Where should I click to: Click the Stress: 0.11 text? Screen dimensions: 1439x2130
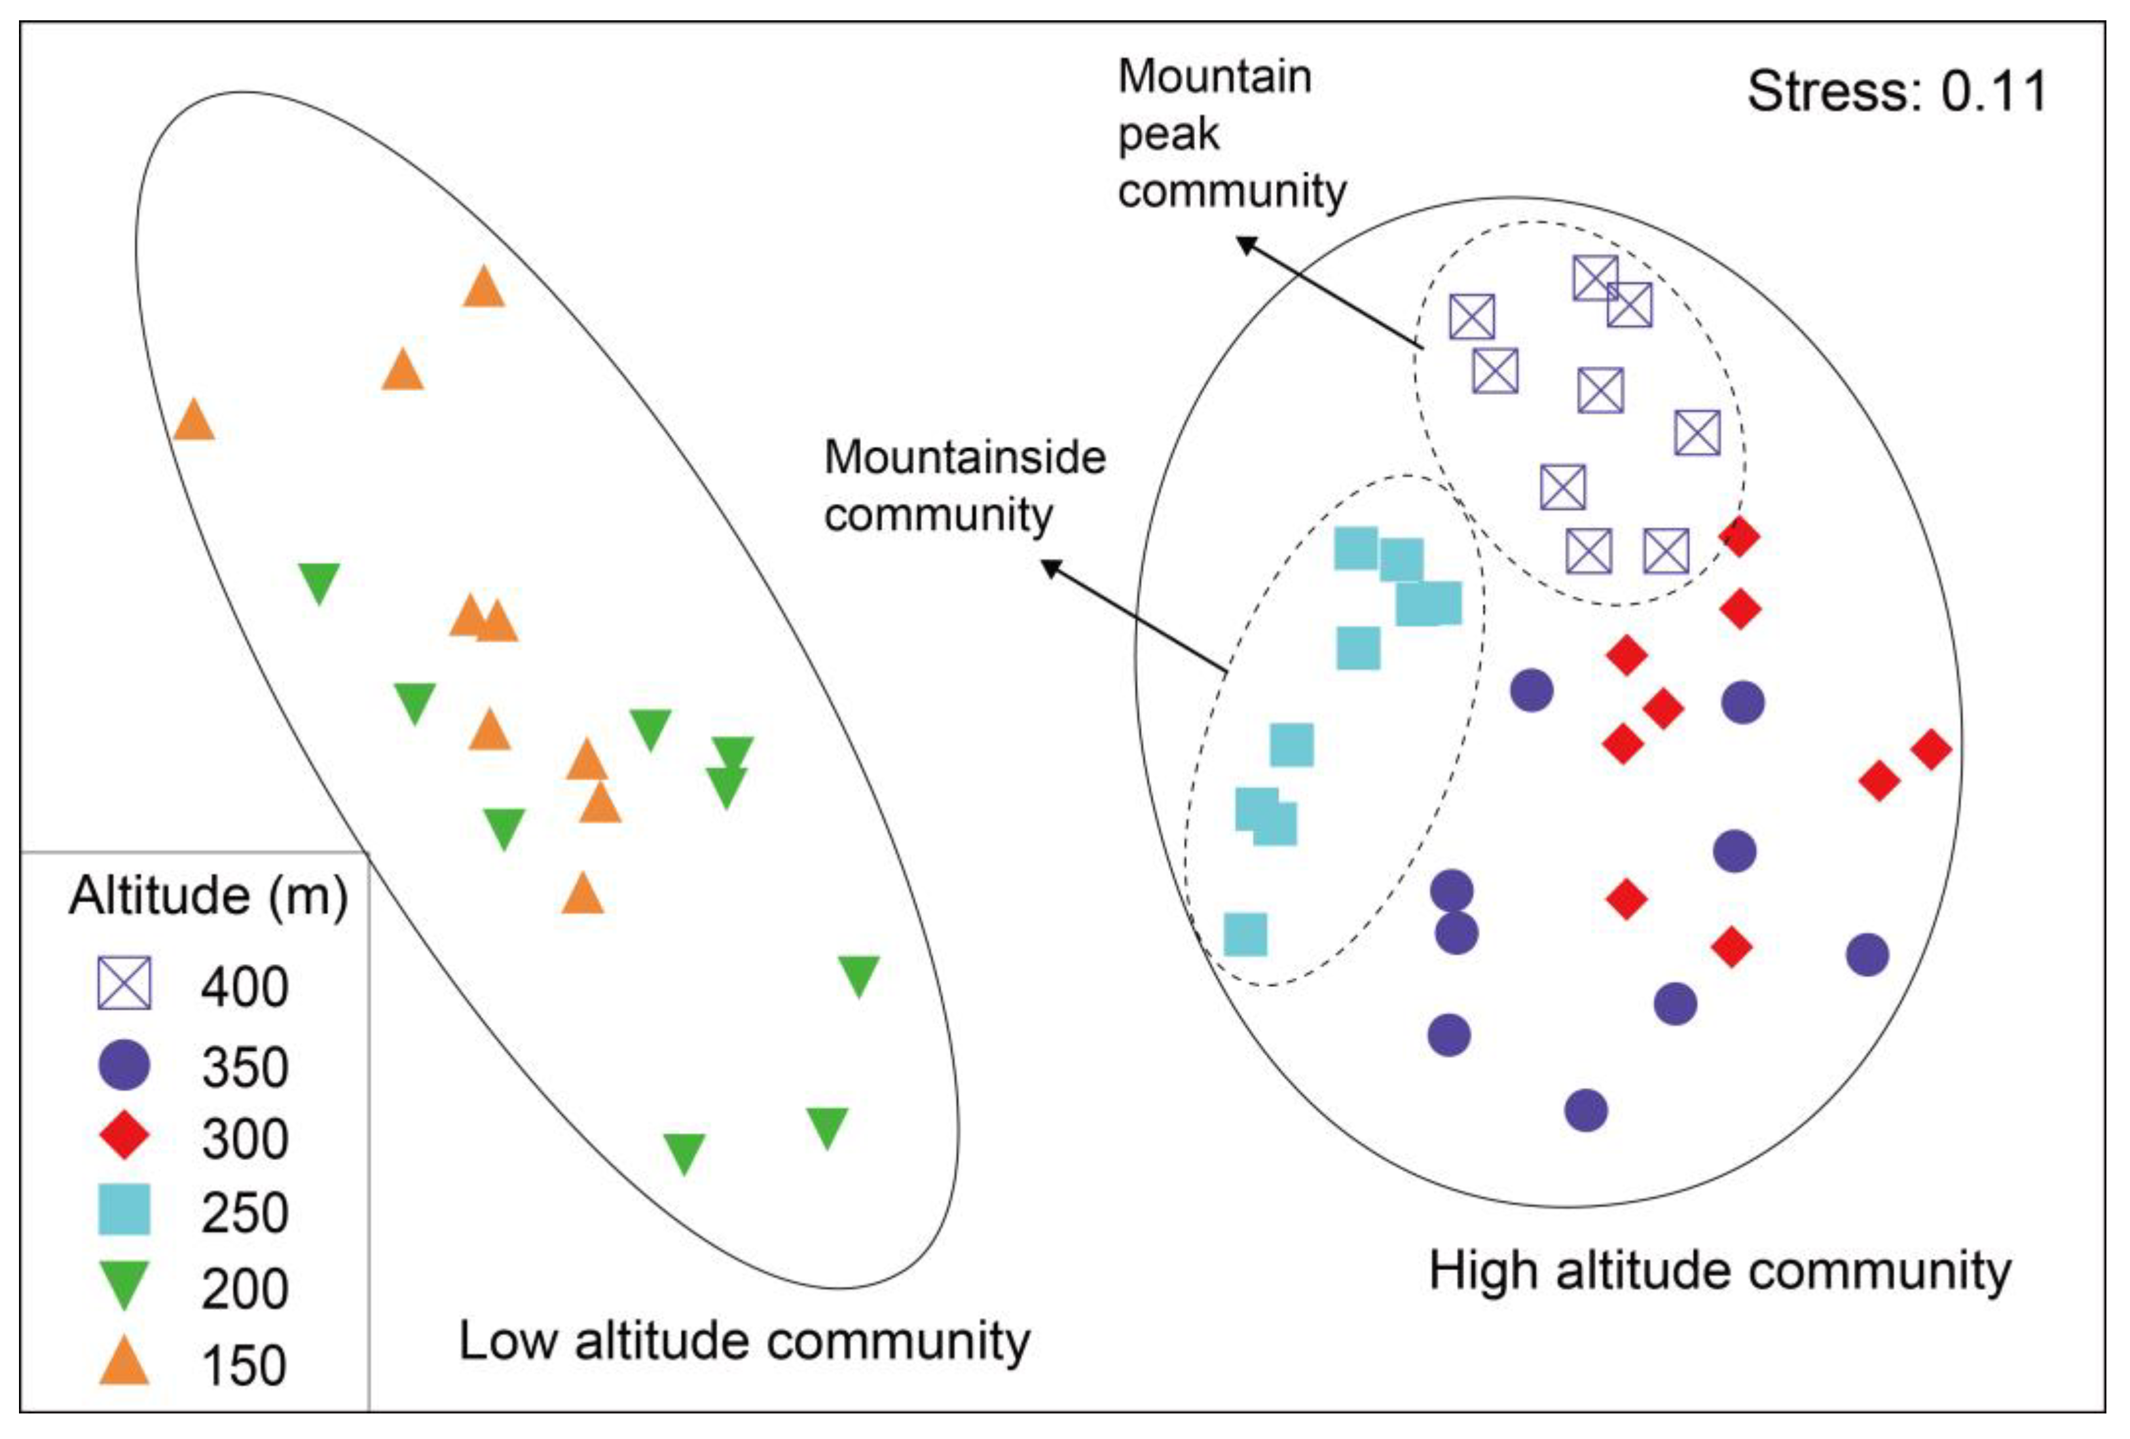coord(1896,92)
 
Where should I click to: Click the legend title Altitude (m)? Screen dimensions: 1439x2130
coord(208,895)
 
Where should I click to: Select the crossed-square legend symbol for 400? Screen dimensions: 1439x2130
coord(124,984)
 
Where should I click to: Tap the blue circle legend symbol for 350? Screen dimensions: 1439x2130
coord(124,1065)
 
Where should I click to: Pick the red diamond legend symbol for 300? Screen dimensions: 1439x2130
coord(124,1136)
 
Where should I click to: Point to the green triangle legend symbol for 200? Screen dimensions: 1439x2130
coord(124,1284)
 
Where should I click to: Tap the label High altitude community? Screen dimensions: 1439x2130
coord(1719,1272)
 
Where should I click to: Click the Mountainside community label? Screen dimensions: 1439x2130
coord(964,486)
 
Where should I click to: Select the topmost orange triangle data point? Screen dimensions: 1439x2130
coord(483,288)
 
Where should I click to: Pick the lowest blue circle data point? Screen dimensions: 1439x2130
coord(1586,1110)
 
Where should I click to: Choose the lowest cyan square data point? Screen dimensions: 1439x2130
coord(1245,935)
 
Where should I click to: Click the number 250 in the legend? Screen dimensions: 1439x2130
coord(245,1212)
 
